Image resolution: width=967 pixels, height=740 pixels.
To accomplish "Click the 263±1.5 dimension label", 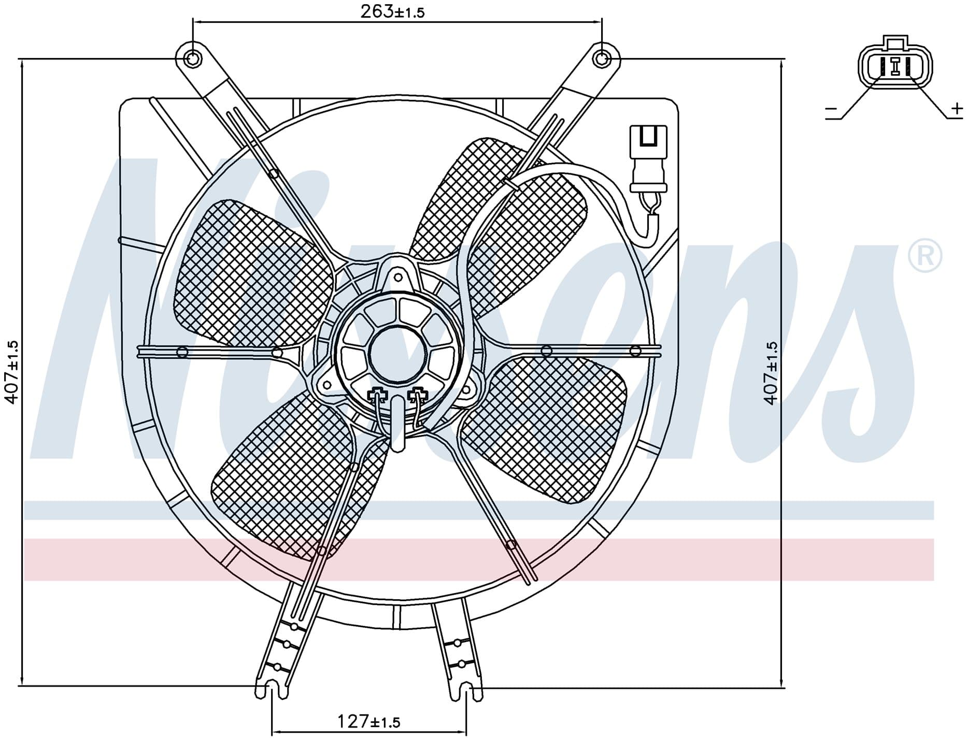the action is point(392,11).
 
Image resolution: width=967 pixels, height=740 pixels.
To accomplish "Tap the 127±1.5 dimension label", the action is point(368,721).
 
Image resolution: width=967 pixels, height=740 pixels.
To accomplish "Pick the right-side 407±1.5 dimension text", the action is point(771,372).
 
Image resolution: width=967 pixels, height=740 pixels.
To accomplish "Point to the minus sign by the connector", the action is point(831,109).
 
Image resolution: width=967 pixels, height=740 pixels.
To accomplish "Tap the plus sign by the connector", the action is point(957,109).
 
